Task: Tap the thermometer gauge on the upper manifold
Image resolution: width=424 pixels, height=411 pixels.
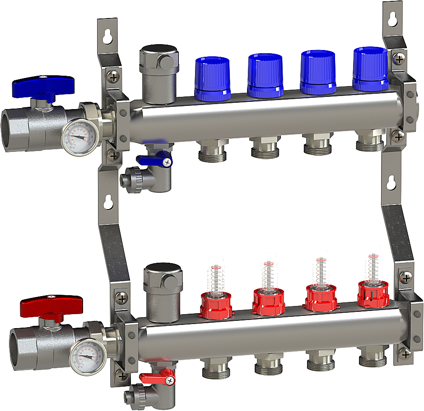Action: [81, 136]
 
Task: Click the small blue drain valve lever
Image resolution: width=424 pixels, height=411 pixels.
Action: [154, 160]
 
